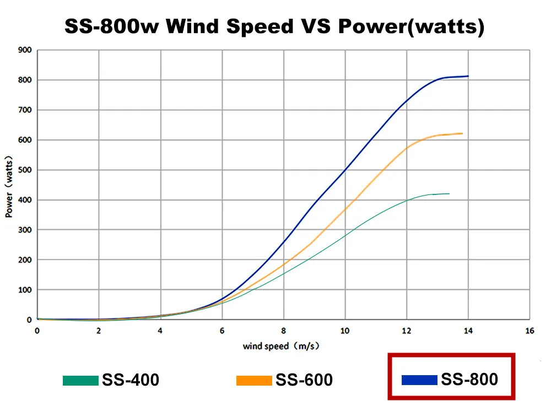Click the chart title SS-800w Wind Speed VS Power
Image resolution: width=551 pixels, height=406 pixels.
tap(274, 26)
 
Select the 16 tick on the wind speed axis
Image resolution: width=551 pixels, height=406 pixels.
tap(530, 331)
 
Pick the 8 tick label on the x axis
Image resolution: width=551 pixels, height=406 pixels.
tap(284, 331)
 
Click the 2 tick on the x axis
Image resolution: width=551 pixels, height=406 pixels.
tap(99, 331)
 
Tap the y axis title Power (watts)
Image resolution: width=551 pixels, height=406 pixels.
tap(9, 185)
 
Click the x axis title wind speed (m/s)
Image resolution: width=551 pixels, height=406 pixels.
tap(281, 347)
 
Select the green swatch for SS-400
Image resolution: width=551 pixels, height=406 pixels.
tap(81, 380)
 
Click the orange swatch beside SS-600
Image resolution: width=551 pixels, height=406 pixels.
tap(254, 380)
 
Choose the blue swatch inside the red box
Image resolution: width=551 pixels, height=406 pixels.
tap(419, 380)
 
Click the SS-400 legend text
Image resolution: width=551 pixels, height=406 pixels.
tap(131, 380)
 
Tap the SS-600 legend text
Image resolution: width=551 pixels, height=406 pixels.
tap(304, 380)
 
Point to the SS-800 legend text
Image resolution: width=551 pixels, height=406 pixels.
tap(469, 380)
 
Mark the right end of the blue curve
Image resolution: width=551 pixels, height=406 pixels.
tap(468, 76)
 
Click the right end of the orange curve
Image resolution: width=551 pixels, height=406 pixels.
tap(462, 133)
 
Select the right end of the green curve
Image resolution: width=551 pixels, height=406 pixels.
tap(449, 194)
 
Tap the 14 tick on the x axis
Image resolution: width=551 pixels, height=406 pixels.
tap(468, 331)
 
